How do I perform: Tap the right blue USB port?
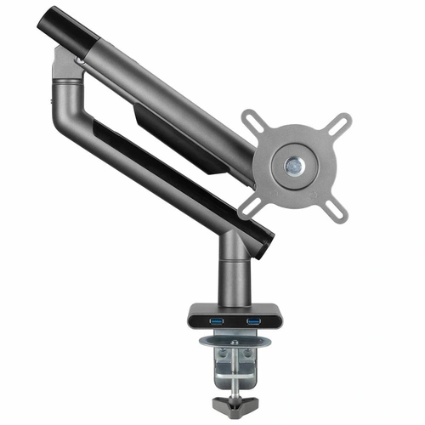tap(252, 321)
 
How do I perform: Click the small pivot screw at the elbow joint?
tap(81, 61)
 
